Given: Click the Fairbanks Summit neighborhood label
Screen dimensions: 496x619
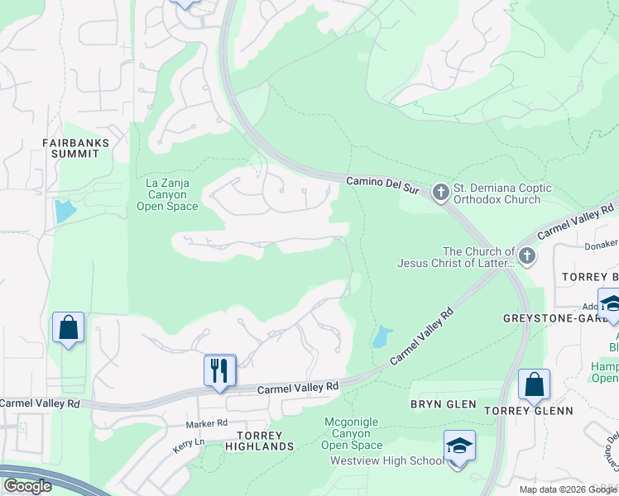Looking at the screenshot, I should click(x=76, y=148).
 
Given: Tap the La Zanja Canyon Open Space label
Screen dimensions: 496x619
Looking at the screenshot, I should click(x=167, y=194).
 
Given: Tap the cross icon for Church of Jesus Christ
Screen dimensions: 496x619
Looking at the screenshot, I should click(x=526, y=257).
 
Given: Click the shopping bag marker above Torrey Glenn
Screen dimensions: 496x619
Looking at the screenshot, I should click(x=534, y=383).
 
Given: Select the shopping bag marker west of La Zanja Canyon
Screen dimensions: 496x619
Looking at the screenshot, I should click(x=68, y=327).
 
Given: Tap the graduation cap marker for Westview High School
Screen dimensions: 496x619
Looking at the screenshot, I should click(x=459, y=446).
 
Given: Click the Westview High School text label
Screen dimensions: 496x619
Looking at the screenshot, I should click(x=386, y=460).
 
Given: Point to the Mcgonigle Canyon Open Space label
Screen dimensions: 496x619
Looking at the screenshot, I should click(x=352, y=433).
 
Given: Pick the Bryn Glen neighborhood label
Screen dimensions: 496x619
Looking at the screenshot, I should click(x=443, y=403).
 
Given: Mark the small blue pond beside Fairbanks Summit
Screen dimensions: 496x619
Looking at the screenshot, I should click(x=64, y=212).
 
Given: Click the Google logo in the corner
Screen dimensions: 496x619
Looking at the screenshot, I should click(x=27, y=486).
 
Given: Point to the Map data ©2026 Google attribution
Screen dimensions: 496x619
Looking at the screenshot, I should click(x=567, y=489).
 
